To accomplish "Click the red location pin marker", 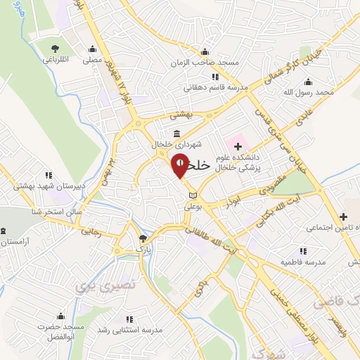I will click(x=181, y=166).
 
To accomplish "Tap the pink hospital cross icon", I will click(x=237, y=147).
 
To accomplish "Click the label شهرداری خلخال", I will click(x=180, y=144).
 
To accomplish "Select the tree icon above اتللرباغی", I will click(x=56, y=49).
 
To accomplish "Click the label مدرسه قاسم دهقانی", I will click(x=207, y=88).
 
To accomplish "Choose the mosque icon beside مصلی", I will click(x=92, y=49).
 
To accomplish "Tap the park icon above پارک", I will click(x=143, y=238).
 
